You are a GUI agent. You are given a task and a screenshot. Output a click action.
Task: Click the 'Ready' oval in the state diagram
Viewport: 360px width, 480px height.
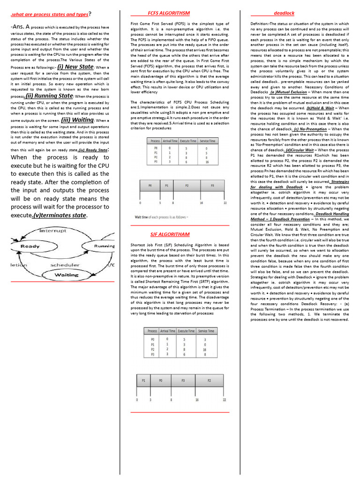coord(30,246)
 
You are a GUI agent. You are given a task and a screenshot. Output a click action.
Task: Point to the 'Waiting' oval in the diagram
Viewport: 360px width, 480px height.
coord(67,274)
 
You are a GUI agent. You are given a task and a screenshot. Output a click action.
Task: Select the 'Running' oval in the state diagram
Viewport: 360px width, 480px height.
coord(104,246)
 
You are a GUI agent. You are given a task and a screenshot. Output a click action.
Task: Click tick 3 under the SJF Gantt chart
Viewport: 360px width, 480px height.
coord(150,400)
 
